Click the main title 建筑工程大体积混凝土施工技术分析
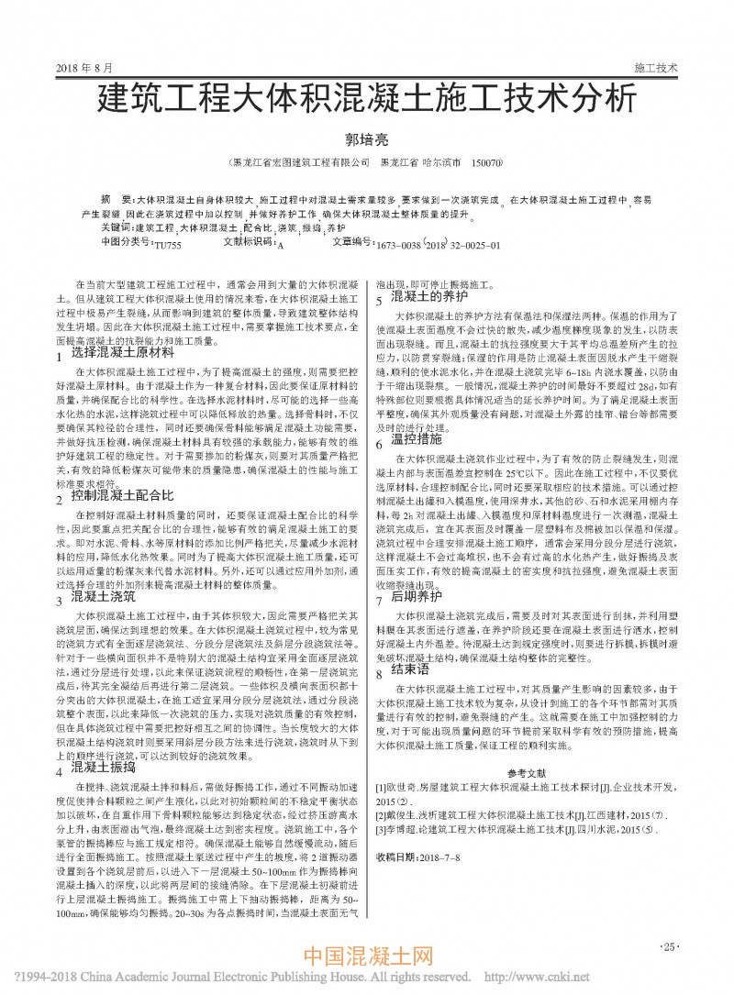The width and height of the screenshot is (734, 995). tap(366, 98)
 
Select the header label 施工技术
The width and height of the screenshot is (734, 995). tap(656, 69)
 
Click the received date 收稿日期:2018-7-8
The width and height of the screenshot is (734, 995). tap(418, 857)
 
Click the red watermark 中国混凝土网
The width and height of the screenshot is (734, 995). tap(367, 960)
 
